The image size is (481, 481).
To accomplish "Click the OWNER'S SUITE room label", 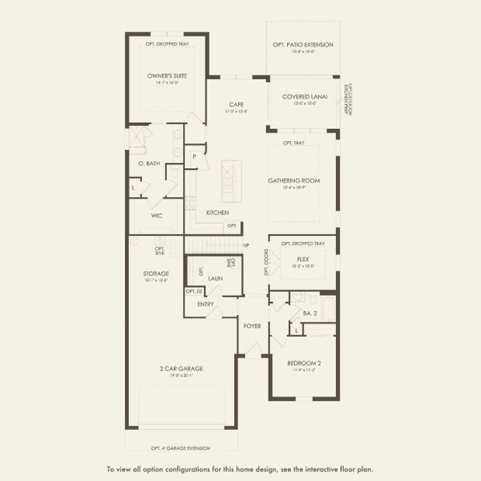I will click(167, 76).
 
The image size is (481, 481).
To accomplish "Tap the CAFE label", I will click(236, 104).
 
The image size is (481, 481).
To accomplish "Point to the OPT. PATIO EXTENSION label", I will click(303, 45).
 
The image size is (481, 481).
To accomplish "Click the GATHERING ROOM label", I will click(293, 180).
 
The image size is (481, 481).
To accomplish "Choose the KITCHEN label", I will click(217, 212).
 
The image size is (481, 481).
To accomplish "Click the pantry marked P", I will click(193, 156).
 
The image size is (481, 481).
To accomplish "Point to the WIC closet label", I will click(157, 216).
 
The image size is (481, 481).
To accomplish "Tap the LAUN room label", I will click(215, 278).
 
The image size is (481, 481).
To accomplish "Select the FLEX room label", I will click(303, 260).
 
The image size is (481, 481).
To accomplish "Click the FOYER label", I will click(253, 326).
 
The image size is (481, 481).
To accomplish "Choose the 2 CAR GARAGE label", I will click(180, 369).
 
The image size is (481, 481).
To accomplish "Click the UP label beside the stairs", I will click(246, 245).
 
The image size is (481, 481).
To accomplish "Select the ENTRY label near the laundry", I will click(206, 305).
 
